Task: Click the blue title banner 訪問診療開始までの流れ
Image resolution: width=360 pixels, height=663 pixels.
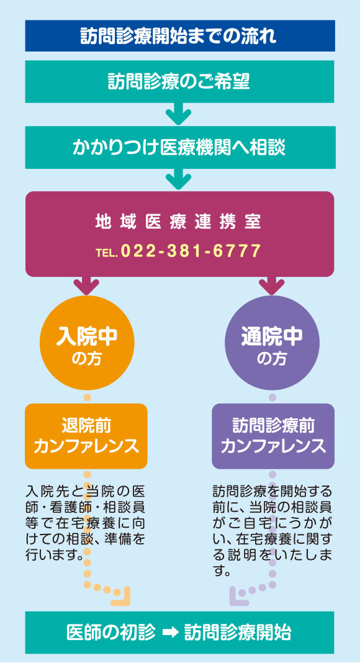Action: pyautogui.click(x=179, y=36)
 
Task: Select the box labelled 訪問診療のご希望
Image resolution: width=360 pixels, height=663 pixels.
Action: pyautogui.click(x=179, y=81)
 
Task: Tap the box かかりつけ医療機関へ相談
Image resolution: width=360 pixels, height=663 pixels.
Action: pyautogui.click(x=179, y=148)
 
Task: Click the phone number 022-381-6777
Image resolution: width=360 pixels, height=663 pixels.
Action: pyautogui.click(x=191, y=251)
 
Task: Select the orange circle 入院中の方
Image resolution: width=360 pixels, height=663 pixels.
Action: pyautogui.click(x=87, y=343)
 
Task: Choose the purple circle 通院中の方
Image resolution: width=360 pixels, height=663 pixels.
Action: pyautogui.click(x=272, y=343)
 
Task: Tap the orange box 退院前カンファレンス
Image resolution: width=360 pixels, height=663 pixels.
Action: pyautogui.click(x=86, y=436)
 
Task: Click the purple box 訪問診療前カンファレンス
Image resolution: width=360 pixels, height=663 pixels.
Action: pyautogui.click(x=273, y=436)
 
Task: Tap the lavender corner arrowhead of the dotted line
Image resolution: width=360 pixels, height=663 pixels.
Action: pyautogui.click(x=238, y=597)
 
